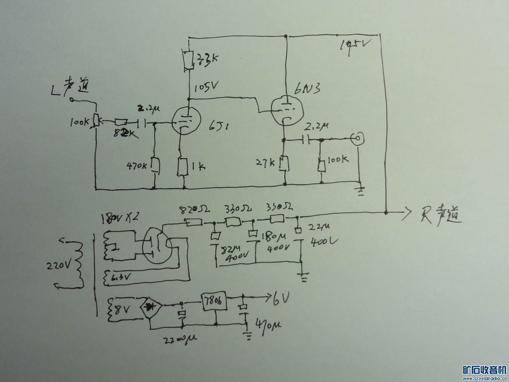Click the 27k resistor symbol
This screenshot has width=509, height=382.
click(x=284, y=163)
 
